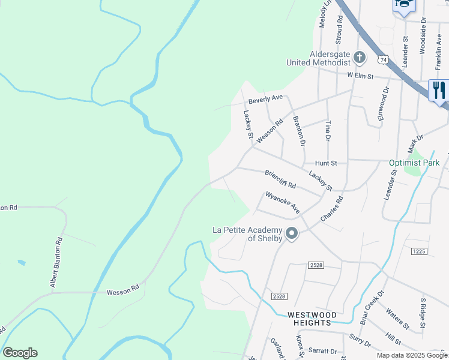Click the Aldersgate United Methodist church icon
pos(360,58)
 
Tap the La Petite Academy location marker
pos(292,233)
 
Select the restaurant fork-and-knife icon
pos(439,90)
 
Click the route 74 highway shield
pos(384,59)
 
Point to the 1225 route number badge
pos(419,251)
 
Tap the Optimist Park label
pos(414,163)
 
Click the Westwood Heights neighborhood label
pos(309,319)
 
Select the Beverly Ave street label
pos(265,98)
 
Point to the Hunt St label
pos(327,163)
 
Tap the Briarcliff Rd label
pos(281,178)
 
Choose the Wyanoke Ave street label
pos(283,202)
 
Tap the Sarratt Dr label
pos(322,351)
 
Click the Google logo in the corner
pos(20,353)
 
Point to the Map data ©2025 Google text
pos(411,355)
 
